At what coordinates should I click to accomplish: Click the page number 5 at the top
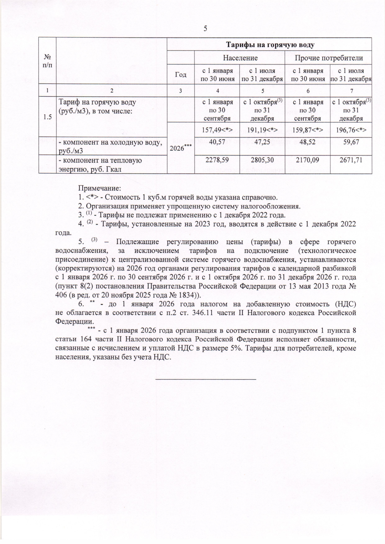205,29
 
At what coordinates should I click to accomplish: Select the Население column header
240,58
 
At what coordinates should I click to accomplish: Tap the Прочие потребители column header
329,58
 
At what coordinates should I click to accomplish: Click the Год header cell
181,75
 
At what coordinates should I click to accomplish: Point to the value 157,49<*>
217,130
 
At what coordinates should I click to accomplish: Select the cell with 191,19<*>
262,130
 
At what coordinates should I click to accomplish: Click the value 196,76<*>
351,130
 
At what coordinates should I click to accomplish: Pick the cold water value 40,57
217,142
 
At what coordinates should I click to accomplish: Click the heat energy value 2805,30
262,160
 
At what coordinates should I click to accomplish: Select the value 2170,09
307,160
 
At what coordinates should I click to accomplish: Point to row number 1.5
47,117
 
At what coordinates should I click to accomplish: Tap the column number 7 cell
351,91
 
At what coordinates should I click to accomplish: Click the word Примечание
99,188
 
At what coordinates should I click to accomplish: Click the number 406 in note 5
61,295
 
